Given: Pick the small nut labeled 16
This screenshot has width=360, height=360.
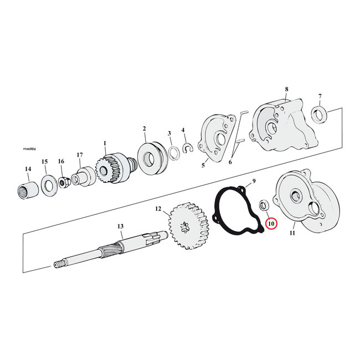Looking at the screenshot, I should [64, 181].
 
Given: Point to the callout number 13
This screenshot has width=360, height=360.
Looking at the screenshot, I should [120, 226].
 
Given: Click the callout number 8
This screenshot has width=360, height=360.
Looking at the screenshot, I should [286, 89].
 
